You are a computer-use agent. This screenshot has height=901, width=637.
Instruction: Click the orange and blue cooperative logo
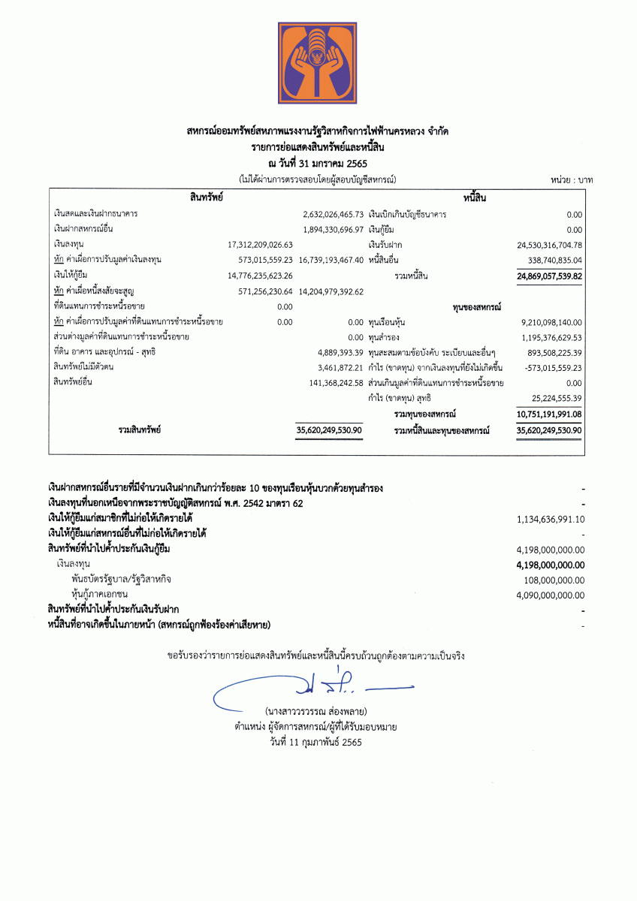tap(317, 65)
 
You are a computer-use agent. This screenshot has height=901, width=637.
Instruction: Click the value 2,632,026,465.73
tap(333, 214)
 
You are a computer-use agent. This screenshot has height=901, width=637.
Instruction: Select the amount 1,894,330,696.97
tap(333, 229)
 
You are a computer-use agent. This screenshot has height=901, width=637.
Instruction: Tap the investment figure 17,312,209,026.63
tap(260, 245)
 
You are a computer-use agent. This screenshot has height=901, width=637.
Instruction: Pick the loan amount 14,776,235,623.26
tap(260, 276)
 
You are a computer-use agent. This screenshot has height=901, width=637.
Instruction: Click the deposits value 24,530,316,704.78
tap(550, 245)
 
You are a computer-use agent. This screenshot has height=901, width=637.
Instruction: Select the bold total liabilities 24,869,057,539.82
tap(550, 276)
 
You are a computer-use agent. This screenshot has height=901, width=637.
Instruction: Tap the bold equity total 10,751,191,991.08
tap(550, 414)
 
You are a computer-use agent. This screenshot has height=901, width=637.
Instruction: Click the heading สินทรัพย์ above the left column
tap(206, 197)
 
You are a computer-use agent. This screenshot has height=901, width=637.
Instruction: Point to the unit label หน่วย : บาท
tap(572, 180)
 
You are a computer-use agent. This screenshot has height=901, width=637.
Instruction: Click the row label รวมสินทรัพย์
tap(140, 430)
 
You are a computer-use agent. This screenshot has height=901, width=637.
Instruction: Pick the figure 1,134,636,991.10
tap(551, 519)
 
